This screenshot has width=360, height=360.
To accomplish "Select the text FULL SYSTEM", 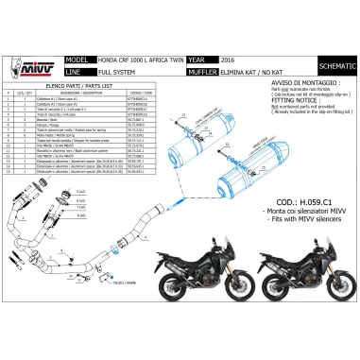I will [x=115, y=68].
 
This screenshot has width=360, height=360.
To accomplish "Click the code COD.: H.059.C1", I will [x=274, y=227].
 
